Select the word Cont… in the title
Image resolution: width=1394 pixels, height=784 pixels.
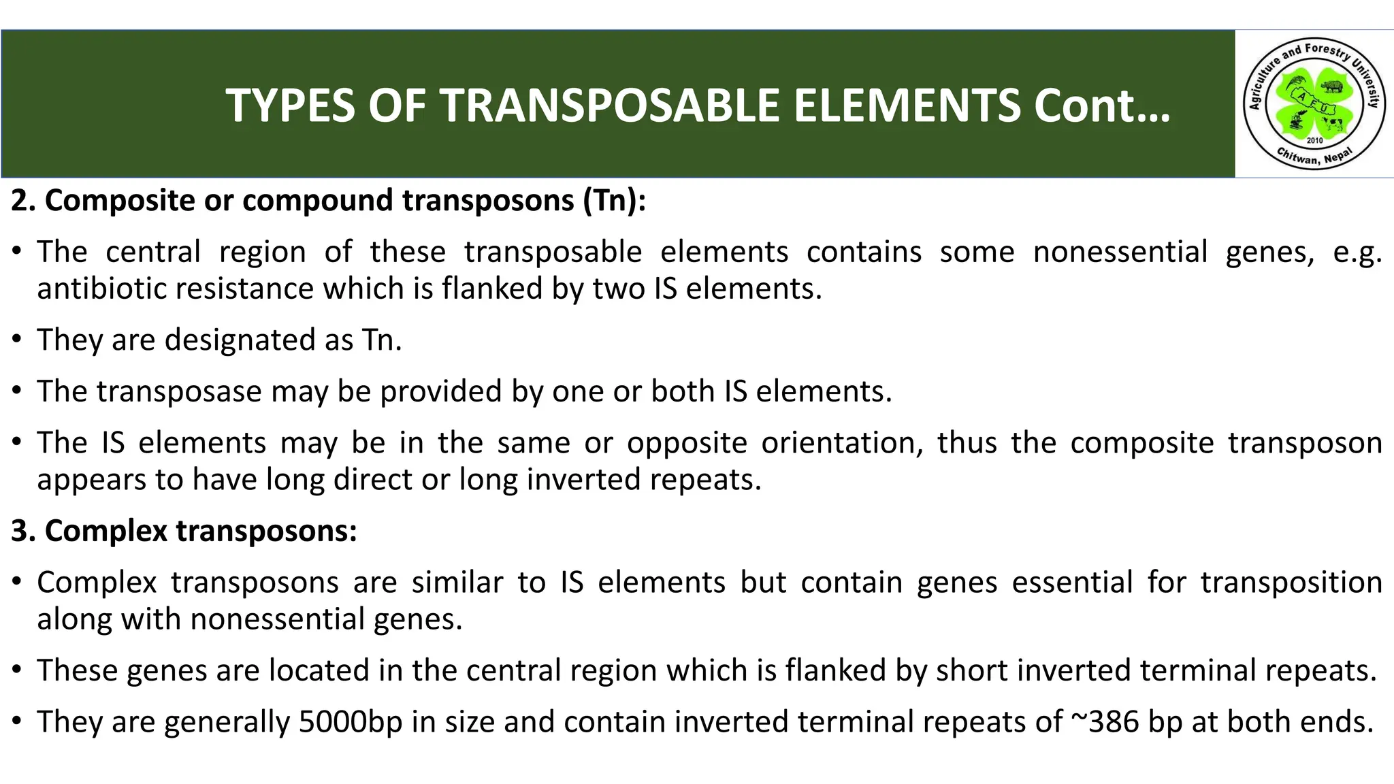tap(1101, 106)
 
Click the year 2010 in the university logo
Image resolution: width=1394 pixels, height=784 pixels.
tap(1314, 141)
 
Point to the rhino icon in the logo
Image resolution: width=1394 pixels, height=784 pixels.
tap(1331, 86)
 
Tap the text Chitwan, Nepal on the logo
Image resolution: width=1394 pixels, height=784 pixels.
tap(1314, 157)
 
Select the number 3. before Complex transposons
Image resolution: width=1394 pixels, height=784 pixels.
tap(23, 531)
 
